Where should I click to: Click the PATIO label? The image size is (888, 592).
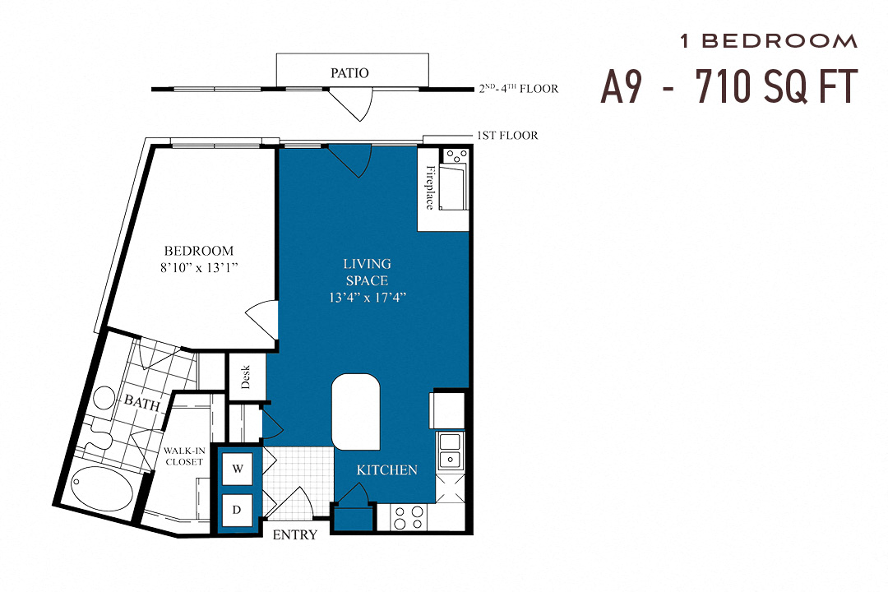tap(349, 72)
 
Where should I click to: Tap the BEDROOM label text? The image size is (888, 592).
tap(198, 251)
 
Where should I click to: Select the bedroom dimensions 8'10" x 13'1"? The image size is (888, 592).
tap(198, 266)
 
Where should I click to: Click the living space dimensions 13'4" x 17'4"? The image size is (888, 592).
tap(367, 297)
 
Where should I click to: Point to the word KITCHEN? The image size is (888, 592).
tap(386, 470)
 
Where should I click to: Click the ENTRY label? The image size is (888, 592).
tap(294, 535)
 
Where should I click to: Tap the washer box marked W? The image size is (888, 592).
tap(238, 469)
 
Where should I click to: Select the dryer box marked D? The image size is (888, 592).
tap(238, 510)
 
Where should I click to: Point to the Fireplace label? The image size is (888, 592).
tap(429, 187)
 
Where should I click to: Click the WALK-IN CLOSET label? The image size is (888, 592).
tap(183, 456)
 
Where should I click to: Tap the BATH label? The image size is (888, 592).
tap(141, 401)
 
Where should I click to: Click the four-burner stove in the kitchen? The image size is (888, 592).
tap(407, 517)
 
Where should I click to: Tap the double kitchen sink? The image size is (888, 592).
tap(449, 451)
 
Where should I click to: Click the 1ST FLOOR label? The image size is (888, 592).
tap(507, 135)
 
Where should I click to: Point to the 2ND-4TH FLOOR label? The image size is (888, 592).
tap(518, 89)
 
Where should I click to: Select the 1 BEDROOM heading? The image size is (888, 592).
tap(769, 41)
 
